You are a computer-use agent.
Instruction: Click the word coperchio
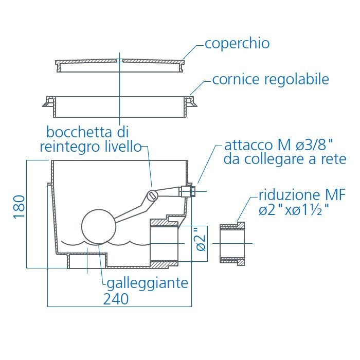click(x=237, y=44)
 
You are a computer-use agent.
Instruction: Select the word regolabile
click(x=297, y=79)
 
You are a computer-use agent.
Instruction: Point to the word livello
click(x=123, y=146)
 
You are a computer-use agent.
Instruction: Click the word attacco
click(x=248, y=145)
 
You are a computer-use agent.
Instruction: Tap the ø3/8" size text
click(x=314, y=145)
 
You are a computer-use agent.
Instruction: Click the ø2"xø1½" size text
click(x=294, y=209)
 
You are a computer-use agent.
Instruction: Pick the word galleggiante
click(x=148, y=283)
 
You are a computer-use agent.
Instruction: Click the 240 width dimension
click(x=116, y=299)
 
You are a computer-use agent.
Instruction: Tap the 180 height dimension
click(x=19, y=207)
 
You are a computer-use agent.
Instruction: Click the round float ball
click(x=99, y=226)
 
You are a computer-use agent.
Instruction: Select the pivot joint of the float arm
click(x=152, y=196)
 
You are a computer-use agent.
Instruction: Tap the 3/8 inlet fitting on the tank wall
click(x=188, y=191)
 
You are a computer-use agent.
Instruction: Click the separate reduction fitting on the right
click(x=232, y=243)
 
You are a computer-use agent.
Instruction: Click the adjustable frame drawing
click(x=120, y=107)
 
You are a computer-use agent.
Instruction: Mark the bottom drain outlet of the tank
click(x=87, y=261)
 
